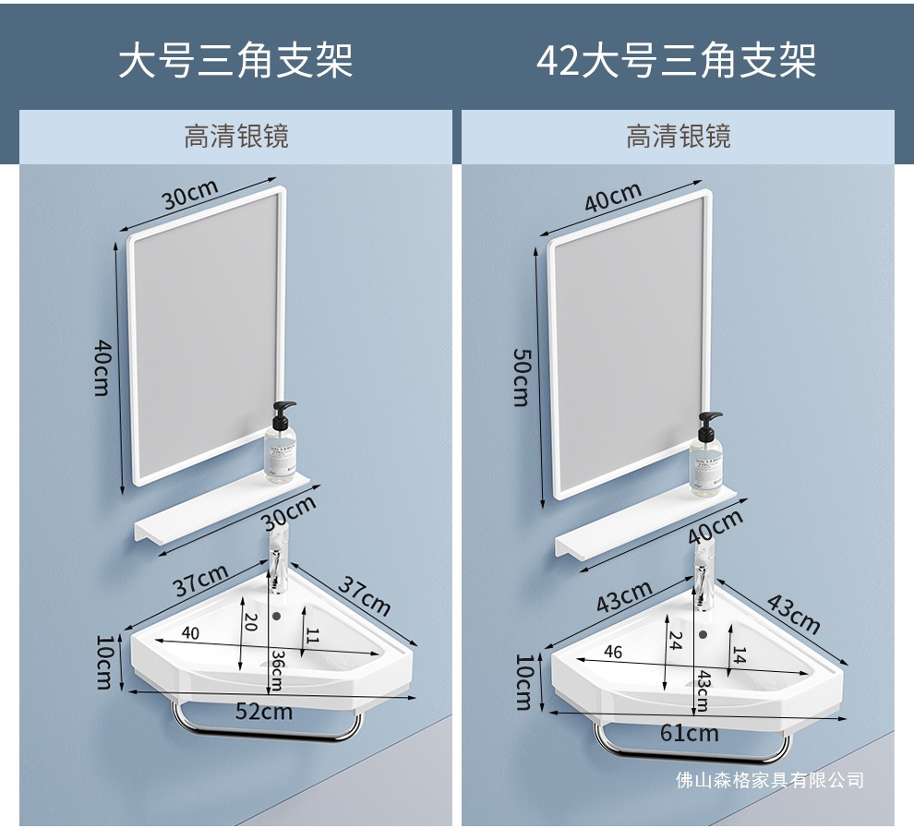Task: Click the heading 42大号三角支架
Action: (x=677, y=60)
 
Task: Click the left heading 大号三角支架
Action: (x=235, y=60)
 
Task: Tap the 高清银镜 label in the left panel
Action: (x=236, y=137)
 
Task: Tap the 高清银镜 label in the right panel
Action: (x=679, y=137)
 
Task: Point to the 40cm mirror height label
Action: (x=102, y=367)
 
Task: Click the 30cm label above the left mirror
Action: (x=190, y=195)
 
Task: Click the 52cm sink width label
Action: (x=263, y=711)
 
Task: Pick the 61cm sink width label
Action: (x=689, y=733)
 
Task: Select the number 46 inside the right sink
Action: (x=612, y=652)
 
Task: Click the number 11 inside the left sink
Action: (x=312, y=634)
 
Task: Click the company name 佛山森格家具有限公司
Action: (x=769, y=781)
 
